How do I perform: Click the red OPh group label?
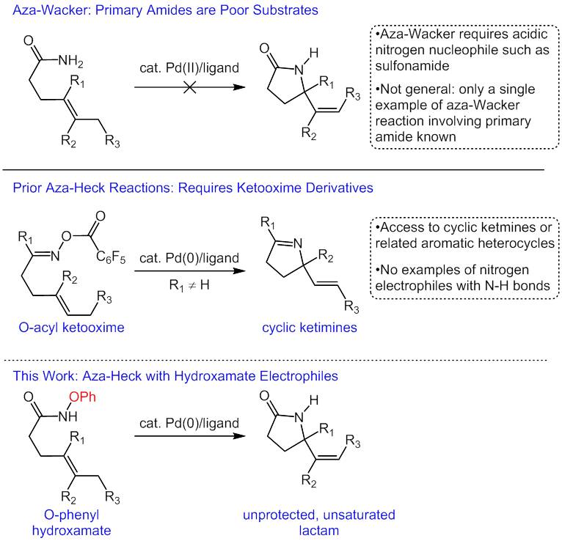pyautogui.click(x=82, y=397)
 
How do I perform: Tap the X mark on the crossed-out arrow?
pyautogui.click(x=189, y=87)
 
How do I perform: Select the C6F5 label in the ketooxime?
pyautogui.click(x=111, y=257)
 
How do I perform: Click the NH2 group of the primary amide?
pyautogui.click(x=70, y=62)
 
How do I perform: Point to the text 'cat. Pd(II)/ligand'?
pyautogui.click(x=189, y=67)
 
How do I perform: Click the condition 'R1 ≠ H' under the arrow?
pyautogui.click(x=189, y=285)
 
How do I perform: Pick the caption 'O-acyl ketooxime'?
pyautogui.click(x=71, y=327)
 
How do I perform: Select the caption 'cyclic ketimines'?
pyautogui.click(x=310, y=327)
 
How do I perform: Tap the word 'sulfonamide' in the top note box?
pyautogui.click(x=412, y=65)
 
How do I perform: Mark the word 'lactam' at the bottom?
pyautogui.click(x=319, y=530)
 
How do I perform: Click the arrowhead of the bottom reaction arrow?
pyautogui.click(x=239, y=435)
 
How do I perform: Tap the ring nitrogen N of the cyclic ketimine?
pyautogui.click(x=297, y=244)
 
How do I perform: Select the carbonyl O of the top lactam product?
pyautogui.click(x=264, y=48)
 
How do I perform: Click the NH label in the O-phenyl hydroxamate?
pyautogui.click(x=68, y=416)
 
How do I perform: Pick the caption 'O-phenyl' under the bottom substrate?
pyautogui.click(x=71, y=515)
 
